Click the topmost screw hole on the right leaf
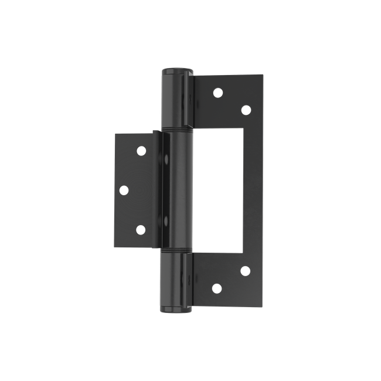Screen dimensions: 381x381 click(217, 92)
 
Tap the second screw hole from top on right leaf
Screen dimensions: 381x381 click(246, 109)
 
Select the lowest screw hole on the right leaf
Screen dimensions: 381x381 click(216, 288)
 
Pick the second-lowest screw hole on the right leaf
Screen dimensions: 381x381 click(245, 270)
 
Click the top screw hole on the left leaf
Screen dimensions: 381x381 click(141, 151)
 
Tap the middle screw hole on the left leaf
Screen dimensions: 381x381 click(124, 189)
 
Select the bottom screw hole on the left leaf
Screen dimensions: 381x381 click(140, 229)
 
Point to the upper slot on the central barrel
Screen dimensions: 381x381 click(167, 159)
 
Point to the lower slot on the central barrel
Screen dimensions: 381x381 click(167, 221)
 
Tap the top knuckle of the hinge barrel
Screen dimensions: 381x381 click(176, 100)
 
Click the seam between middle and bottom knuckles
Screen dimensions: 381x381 click(175, 253)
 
